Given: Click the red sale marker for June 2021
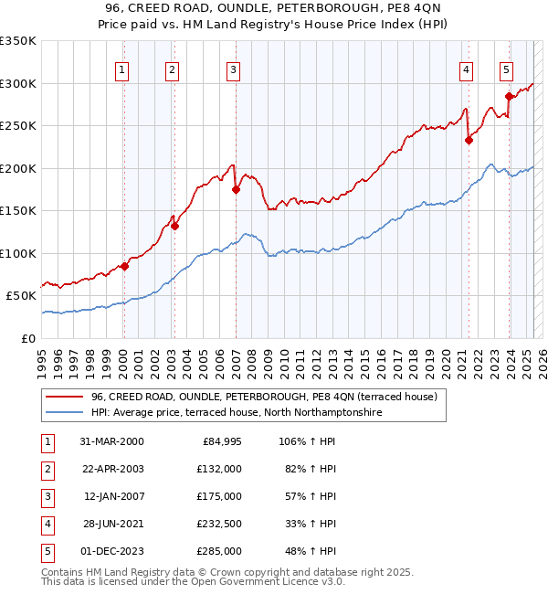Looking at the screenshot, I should click(x=469, y=140).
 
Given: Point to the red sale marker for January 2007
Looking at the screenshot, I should click(x=236, y=189).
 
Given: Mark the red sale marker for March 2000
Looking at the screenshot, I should click(x=125, y=266).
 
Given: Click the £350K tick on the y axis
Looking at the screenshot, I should click(x=18, y=41).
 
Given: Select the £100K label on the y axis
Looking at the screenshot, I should click(x=18, y=253).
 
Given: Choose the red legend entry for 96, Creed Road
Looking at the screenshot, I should click(x=265, y=397).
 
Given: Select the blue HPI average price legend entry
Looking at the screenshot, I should click(x=235, y=413).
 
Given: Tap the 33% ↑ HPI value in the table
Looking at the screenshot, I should click(x=311, y=524).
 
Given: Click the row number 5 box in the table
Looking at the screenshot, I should click(x=46, y=551).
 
